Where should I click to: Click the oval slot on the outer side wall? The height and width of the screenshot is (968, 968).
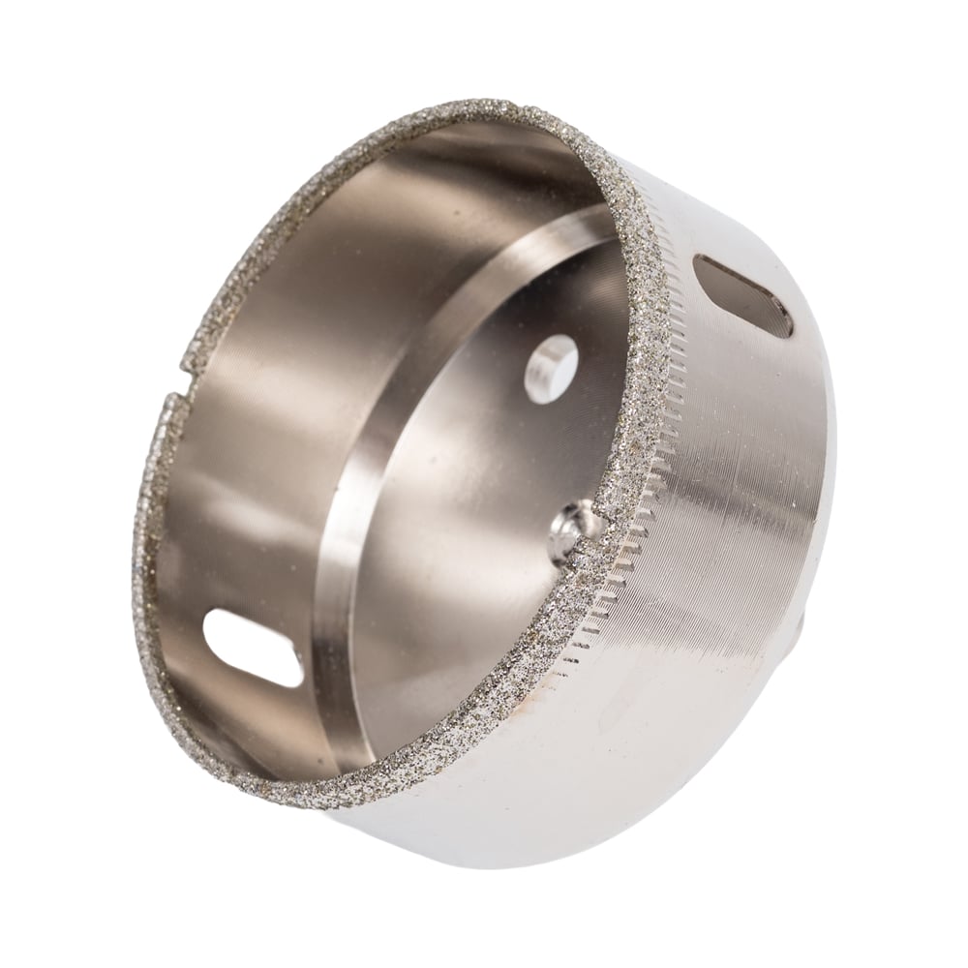(743, 295)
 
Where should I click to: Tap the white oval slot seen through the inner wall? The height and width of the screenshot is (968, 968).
(254, 650)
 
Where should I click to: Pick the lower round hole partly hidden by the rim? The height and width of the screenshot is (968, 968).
(573, 532)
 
